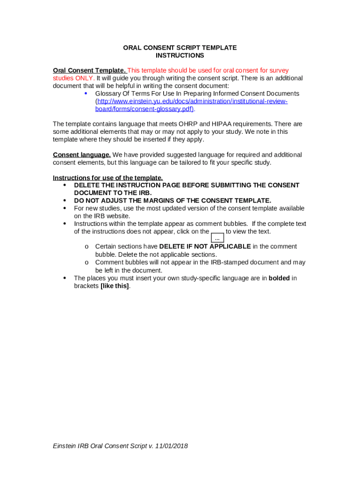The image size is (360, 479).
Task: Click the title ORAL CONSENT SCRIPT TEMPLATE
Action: (x=180, y=48)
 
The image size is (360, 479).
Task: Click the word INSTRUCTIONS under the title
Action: (x=180, y=56)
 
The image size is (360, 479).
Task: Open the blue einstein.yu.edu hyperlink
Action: (x=191, y=102)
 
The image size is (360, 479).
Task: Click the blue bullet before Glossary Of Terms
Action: (x=86, y=93)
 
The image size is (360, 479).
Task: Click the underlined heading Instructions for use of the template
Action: (x=108, y=178)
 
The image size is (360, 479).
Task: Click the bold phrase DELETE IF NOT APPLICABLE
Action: (x=205, y=247)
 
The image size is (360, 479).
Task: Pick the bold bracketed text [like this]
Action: (x=115, y=286)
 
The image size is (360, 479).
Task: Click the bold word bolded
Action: (x=279, y=278)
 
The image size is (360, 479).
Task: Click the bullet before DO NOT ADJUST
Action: (x=64, y=201)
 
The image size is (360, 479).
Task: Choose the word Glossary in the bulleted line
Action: (x=108, y=94)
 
